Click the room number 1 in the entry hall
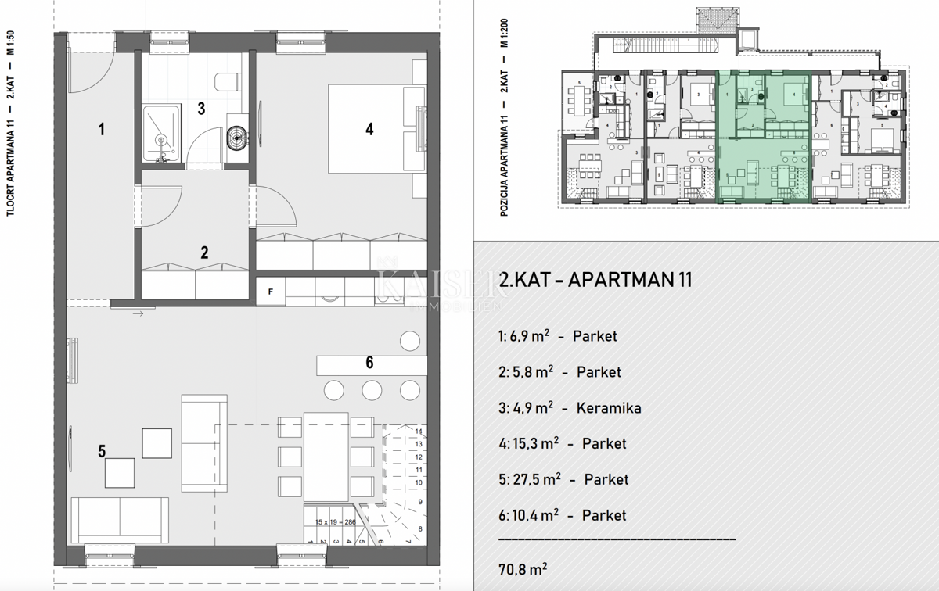101,130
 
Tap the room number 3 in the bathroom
201,109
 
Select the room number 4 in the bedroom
369,129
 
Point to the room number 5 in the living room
102,450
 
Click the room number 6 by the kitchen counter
369,362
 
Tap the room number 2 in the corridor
204,253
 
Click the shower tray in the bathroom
162,134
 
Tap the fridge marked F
271,292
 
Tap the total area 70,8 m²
522,567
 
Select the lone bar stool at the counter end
409,340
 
